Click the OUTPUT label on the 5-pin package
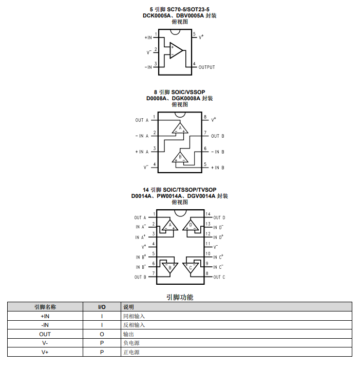(x=206, y=67)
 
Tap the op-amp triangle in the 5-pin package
(x=176, y=50)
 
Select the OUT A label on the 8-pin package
(x=142, y=120)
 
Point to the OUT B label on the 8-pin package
(x=218, y=136)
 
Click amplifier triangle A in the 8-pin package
(x=180, y=128)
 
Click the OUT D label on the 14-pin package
(x=219, y=217)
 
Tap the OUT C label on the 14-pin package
(x=219, y=277)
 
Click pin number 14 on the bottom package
(x=207, y=214)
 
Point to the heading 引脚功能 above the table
(x=180, y=297)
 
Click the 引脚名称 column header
(x=45, y=306)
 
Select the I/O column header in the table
(x=102, y=306)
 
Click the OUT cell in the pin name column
(x=45, y=334)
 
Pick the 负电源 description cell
(x=131, y=343)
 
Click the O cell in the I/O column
(x=102, y=334)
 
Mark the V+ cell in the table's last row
(x=45, y=352)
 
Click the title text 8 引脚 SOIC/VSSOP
(x=179, y=92)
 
